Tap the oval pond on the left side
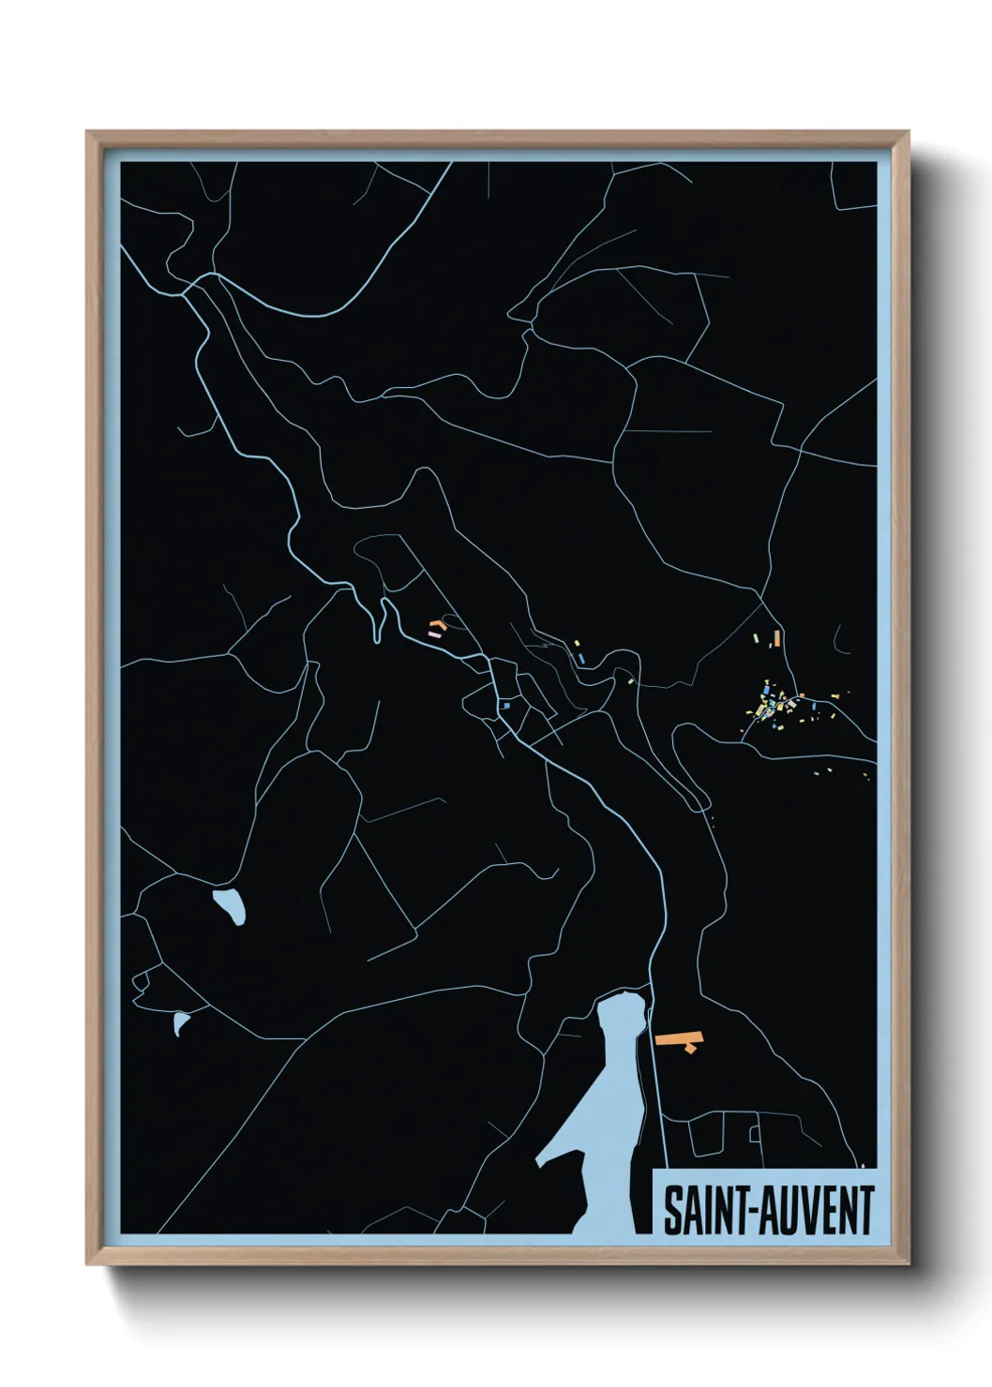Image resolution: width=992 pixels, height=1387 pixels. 230,905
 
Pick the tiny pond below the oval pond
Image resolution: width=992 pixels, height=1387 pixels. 180,1023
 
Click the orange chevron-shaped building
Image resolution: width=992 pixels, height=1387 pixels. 436,624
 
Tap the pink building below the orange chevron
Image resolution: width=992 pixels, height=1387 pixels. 434,634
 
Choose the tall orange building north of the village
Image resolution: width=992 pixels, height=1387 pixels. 777,639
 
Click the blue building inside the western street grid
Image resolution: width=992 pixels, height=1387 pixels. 507,705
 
